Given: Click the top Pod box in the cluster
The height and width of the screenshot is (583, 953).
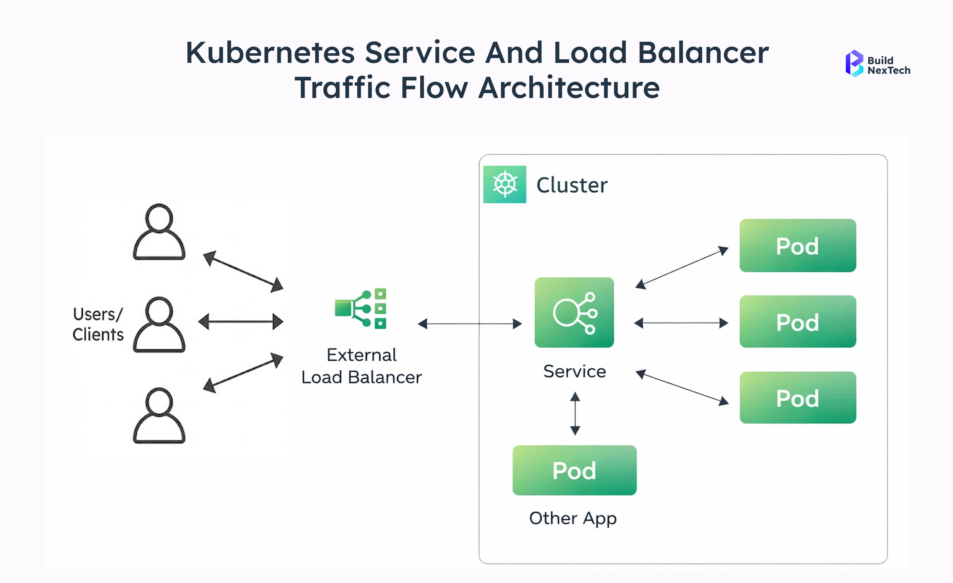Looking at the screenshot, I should [x=797, y=246].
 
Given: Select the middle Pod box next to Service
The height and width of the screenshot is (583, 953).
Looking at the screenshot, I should [x=797, y=321].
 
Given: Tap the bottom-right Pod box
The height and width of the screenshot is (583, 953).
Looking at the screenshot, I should [x=797, y=398].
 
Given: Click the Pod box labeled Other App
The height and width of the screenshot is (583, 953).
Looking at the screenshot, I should [x=574, y=470].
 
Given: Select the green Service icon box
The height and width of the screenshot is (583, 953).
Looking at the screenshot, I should [x=574, y=312].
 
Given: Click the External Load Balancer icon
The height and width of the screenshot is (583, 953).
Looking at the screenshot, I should [x=361, y=309].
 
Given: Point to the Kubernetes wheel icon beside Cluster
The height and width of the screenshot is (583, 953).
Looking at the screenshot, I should [x=504, y=184].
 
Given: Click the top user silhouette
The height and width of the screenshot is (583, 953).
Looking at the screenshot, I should [x=159, y=232].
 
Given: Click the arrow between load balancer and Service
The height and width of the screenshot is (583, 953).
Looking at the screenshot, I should [x=470, y=323].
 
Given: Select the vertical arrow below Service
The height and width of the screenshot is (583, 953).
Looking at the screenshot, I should [x=575, y=413].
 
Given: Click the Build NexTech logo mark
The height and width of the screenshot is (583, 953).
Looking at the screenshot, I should [x=854, y=64].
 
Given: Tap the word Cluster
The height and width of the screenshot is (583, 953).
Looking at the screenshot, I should [x=572, y=185].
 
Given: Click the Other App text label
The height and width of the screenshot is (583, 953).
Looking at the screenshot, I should [x=572, y=518].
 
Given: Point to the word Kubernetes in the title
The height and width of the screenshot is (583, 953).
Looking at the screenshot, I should [x=270, y=53].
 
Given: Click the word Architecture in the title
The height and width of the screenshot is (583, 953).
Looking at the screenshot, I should [x=569, y=88].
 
